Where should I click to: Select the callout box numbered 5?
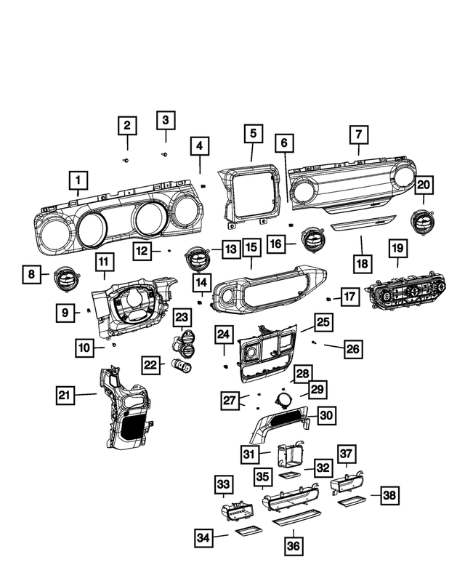tap(252, 134)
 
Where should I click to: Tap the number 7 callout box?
tap(358, 135)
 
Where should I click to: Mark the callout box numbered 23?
tap(182, 317)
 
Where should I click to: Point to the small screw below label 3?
tap(164, 154)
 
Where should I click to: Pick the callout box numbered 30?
tap(327, 415)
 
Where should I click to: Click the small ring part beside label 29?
tap(283, 398)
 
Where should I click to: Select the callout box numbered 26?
tap(352, 349)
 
